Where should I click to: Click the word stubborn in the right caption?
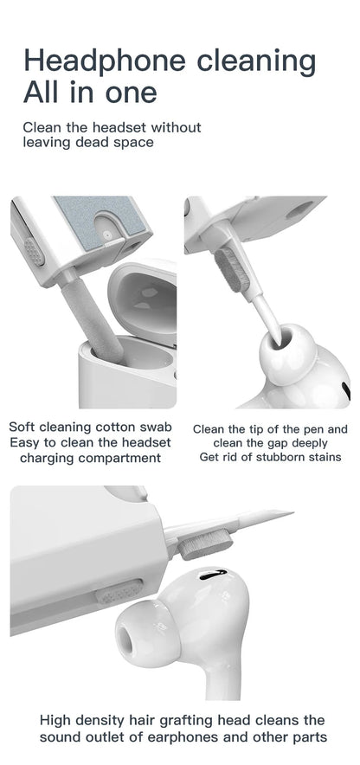point(275,457)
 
